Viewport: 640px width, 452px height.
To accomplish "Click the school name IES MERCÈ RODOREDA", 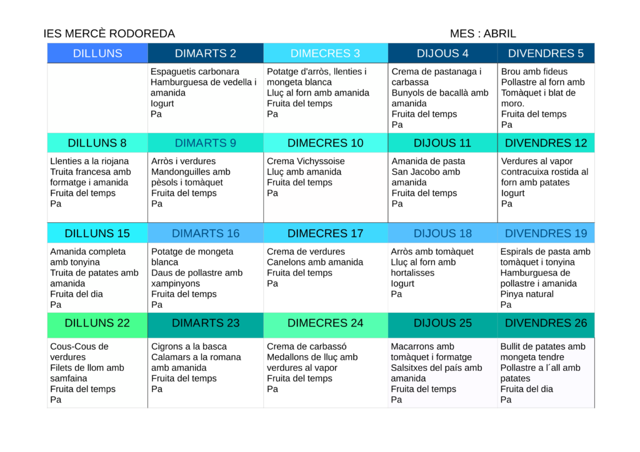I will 109,34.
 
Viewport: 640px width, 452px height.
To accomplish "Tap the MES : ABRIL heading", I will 482,34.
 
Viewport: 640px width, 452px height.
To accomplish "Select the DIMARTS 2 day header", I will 206,53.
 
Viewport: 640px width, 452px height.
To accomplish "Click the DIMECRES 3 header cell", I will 325,53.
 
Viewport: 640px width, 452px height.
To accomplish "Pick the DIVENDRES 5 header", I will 546,53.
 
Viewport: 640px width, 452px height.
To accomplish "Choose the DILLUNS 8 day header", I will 97,143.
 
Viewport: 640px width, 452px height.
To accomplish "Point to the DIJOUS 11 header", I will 442,143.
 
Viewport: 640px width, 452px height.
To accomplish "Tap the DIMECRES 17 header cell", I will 325,233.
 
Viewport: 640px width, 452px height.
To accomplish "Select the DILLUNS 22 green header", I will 97,323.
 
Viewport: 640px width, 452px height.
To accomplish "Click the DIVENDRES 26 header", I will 546,323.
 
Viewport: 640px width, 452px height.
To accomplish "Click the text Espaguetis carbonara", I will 195,72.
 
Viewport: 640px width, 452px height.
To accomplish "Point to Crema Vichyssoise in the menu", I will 306,161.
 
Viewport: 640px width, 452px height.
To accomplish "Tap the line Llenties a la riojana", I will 89,161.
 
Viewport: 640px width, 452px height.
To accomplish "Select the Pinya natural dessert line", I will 527,294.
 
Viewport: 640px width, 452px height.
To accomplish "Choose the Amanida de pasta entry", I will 428,161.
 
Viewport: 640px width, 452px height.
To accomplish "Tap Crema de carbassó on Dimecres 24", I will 306,346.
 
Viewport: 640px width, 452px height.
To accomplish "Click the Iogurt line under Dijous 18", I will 402,283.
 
